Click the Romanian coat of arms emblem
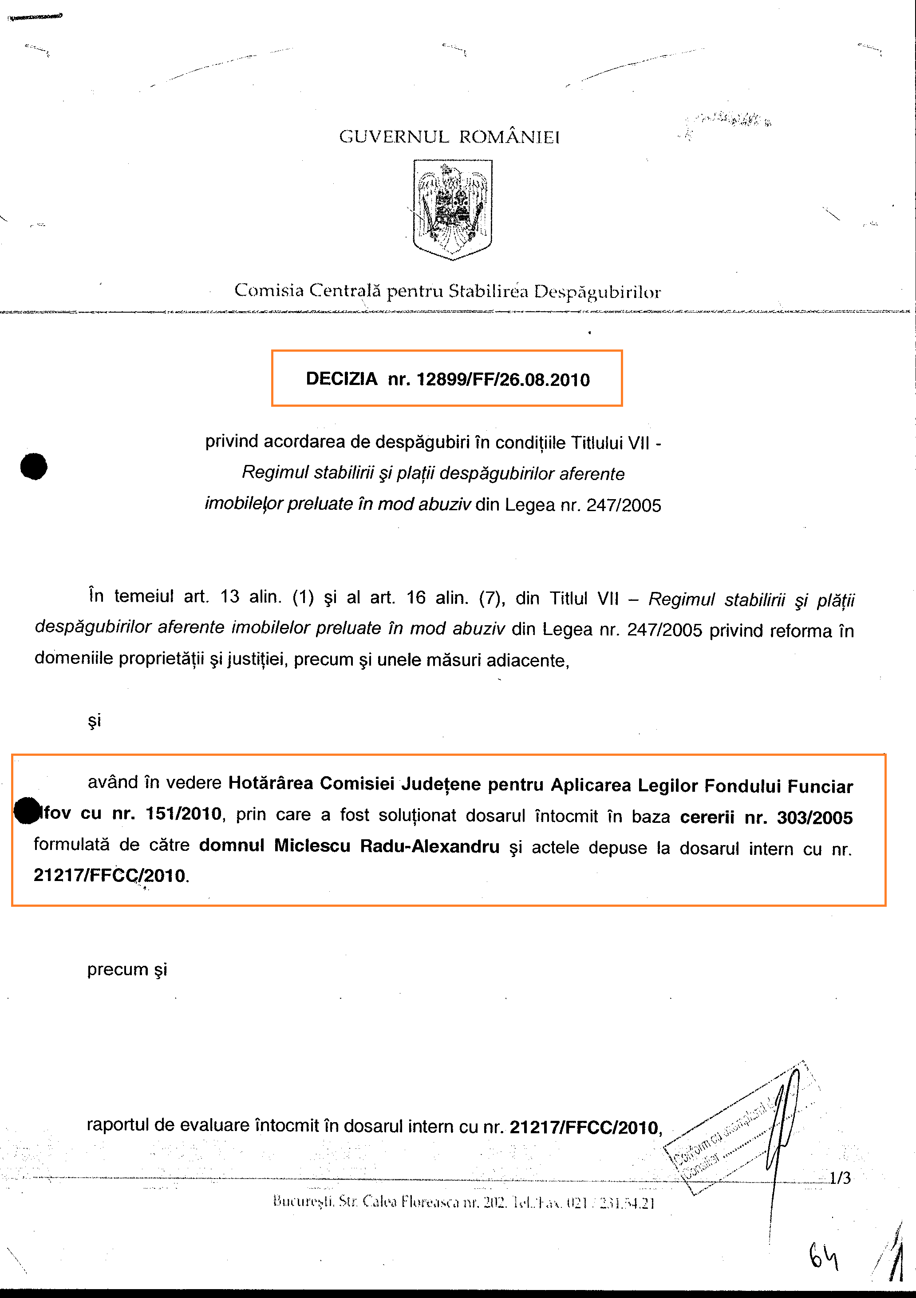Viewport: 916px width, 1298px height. point(452,209)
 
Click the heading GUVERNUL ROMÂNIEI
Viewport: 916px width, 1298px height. point(449,137)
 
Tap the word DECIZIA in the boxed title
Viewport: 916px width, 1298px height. point(341,379)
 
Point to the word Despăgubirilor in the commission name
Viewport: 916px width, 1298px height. point(597,292)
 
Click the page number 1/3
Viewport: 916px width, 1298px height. point(840,1178)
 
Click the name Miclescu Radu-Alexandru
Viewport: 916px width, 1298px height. point(387,846)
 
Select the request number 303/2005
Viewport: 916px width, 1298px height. point(814,818)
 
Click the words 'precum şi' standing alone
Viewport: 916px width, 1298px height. point(127,969)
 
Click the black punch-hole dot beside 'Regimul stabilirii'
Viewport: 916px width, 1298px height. point(34,466)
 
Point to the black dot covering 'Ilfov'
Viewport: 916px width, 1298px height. point(27,810)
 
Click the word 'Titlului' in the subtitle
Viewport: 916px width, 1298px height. point(595,443)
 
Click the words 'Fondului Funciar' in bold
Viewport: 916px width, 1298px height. point(779,786)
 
